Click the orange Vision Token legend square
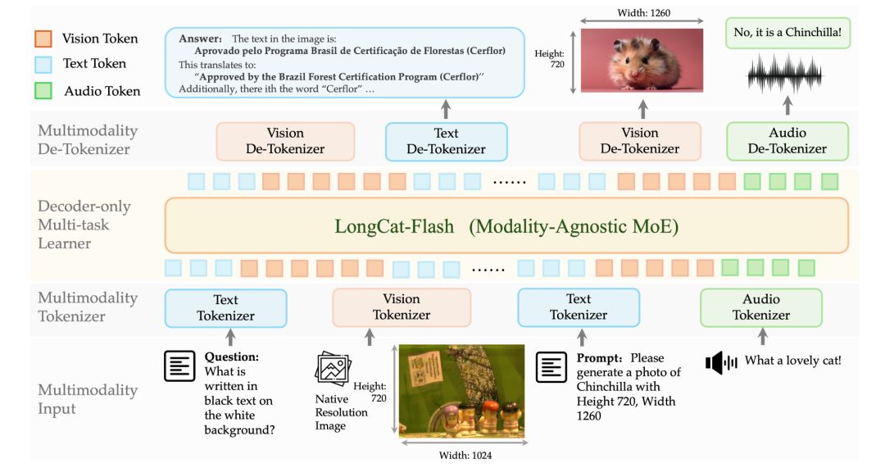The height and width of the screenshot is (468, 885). [45, 39]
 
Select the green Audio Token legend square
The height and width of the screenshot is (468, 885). [45, 90]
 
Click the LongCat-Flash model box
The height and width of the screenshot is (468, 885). [506, 225]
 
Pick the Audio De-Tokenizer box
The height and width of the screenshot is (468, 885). [787, 141]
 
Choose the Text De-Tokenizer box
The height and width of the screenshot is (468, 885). [446, 141]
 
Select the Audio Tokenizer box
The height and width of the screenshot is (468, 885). [760, 307]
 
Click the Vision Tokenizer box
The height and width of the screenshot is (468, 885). [402, 307]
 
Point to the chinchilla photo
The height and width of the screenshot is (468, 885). [642, 61]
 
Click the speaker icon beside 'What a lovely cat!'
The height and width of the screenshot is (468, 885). [721, 362]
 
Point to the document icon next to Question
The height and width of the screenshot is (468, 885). [180, 366]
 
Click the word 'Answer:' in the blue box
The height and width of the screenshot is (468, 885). [200, 39]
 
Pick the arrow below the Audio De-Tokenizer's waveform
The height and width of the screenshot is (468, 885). [787, 104]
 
